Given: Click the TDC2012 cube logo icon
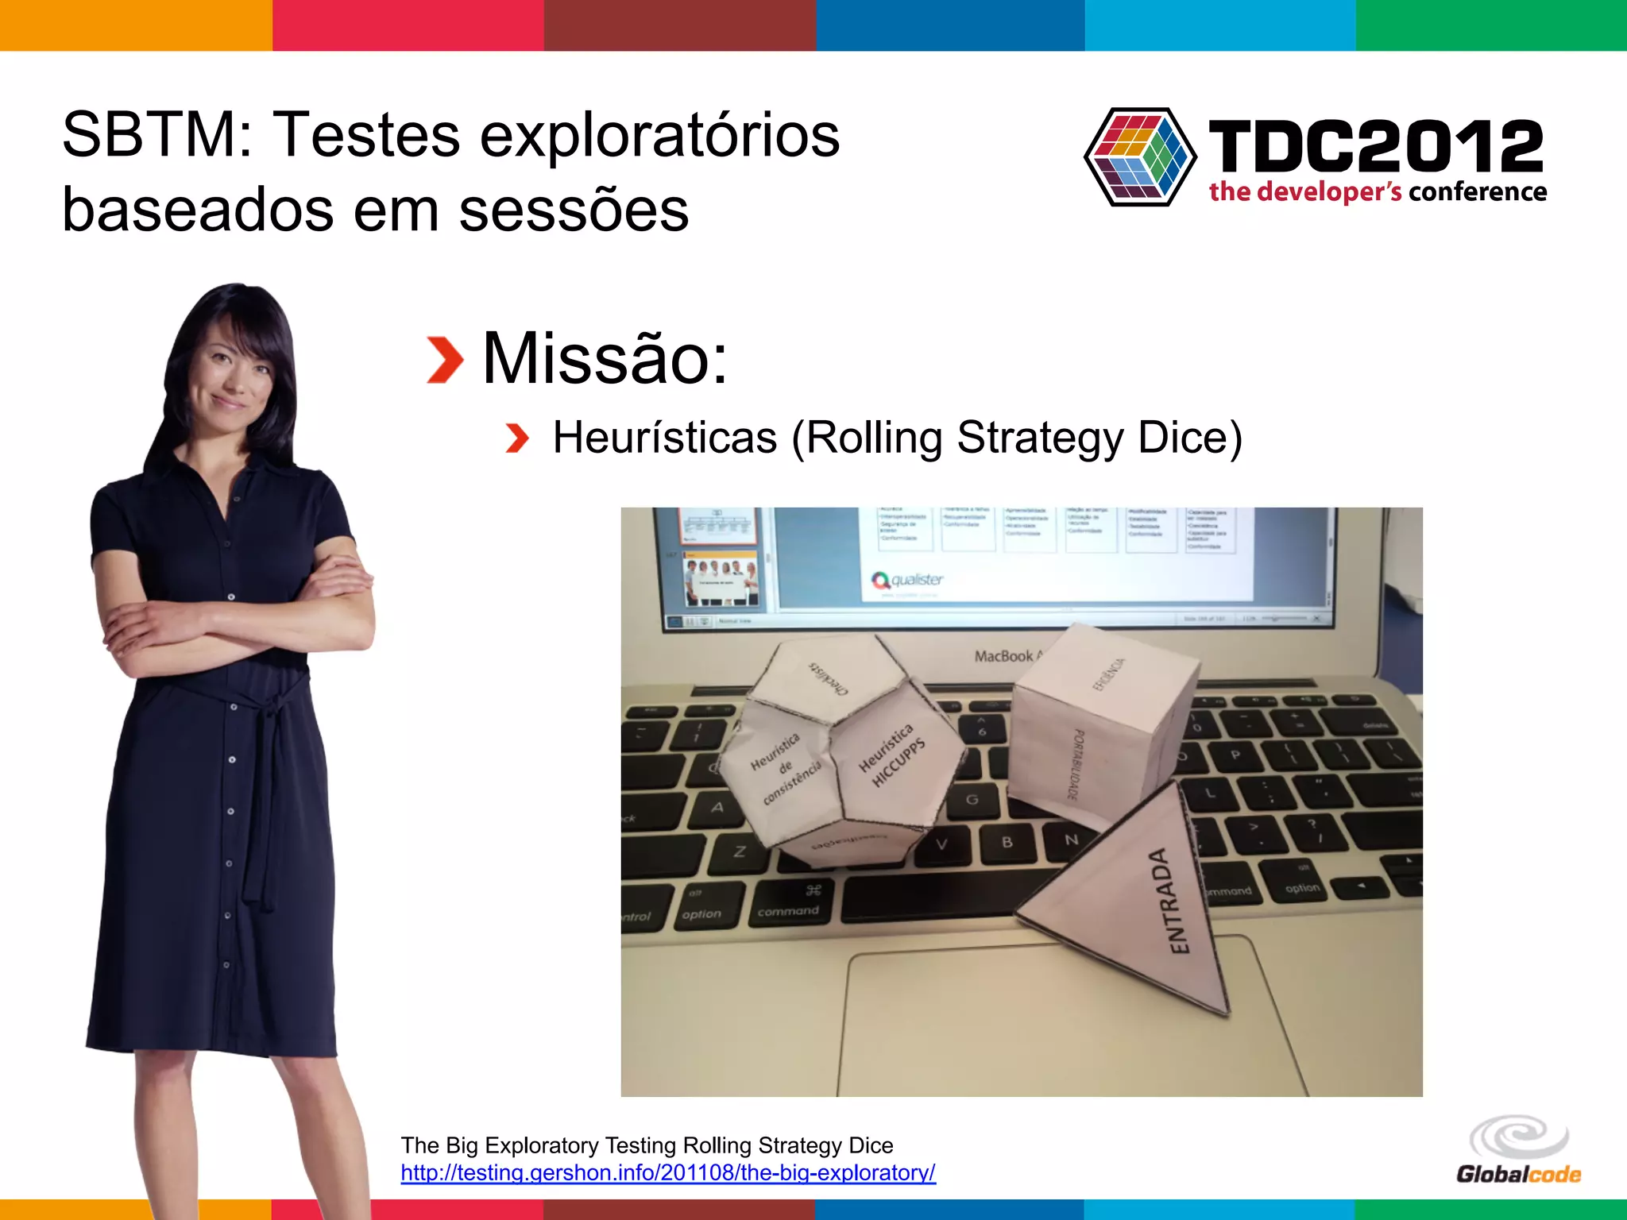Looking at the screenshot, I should pos(1140,156).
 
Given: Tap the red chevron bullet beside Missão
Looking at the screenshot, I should pos(445,360).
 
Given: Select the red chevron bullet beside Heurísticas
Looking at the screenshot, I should pos(517,438).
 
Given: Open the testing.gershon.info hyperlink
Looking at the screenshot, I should pos(668,1173).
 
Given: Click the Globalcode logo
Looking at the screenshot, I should pos(1518,1150).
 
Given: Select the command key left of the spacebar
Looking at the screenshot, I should pos(788,902).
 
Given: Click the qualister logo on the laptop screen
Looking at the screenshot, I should pos(906,580).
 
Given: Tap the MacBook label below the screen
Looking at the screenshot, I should pos(1005,656).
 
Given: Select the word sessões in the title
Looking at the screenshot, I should pos(574,210).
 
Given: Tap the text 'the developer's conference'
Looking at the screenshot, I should pos(1378,192).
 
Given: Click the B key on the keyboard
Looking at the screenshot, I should pos(1007,842).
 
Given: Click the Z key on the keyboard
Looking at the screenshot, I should pos(740,851).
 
